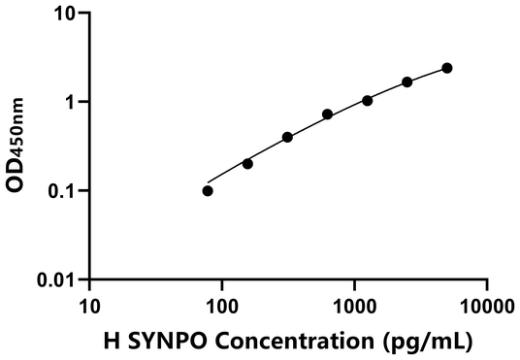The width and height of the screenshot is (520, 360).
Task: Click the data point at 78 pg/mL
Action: coord(208,190)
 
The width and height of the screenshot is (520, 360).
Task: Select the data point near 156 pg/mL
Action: coord(247,163)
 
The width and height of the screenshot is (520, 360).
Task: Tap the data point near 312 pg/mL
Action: coord(287,137)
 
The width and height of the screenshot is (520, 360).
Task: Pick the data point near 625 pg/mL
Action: coord(328,115)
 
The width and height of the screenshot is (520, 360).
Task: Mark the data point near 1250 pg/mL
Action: coord(368,100)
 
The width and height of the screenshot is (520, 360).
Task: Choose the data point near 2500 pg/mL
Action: coord(407,82)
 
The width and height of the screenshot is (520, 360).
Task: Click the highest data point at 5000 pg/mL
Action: coord(447,68)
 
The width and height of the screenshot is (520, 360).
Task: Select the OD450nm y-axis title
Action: coord(21,146)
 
